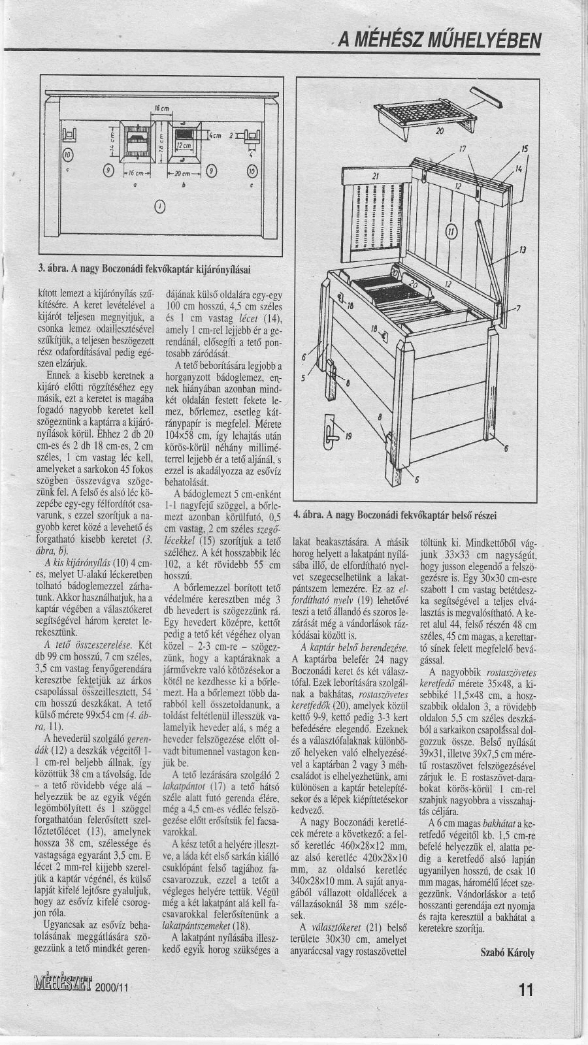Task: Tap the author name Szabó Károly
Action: click(x=507, y=952)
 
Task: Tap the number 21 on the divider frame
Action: click(x=357, y=177)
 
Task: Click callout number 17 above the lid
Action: click(x=463, y=148)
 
